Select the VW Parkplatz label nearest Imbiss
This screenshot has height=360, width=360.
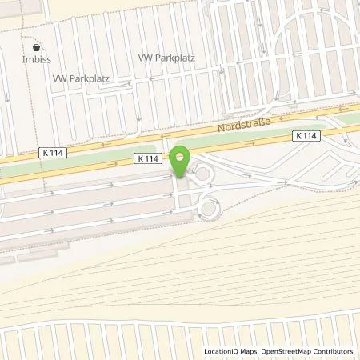[80, 79]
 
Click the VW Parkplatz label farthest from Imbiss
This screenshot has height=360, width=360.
[167, 58]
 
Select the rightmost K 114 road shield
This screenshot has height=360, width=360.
[306, 136]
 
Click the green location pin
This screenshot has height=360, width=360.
[180, 160]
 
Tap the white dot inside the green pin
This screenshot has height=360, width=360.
[180, 155]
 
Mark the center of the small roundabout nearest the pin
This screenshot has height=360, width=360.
[200, 172]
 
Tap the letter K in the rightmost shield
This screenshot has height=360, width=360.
[298, 136]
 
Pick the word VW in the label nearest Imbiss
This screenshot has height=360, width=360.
[59, 79]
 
